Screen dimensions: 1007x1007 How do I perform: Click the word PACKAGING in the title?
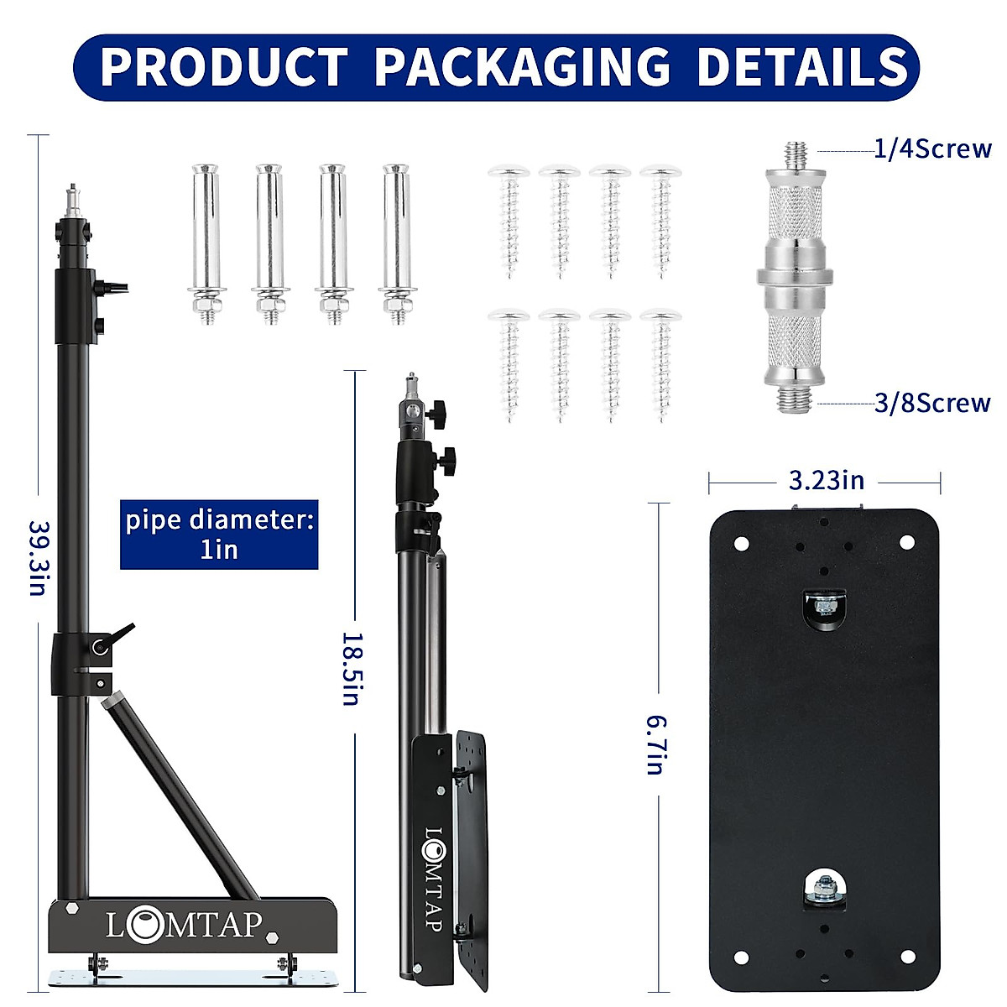[x=521, y=67]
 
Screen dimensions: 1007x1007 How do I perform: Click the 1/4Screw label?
[x=932, y=149]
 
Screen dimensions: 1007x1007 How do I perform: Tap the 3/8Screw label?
[x=932, y=404]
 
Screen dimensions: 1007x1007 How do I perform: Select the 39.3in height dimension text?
[x=38, y=558]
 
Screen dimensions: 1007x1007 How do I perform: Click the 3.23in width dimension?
[x=826, y=481]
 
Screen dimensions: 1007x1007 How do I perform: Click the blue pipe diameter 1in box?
[x=219, y=534]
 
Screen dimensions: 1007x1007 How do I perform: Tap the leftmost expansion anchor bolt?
[x=206, y=243]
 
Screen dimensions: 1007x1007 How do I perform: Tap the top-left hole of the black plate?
[x=741, y=543]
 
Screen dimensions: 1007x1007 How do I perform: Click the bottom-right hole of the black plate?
[x=907, y=956]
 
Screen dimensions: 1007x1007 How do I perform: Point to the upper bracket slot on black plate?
[x=825, y=606]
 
